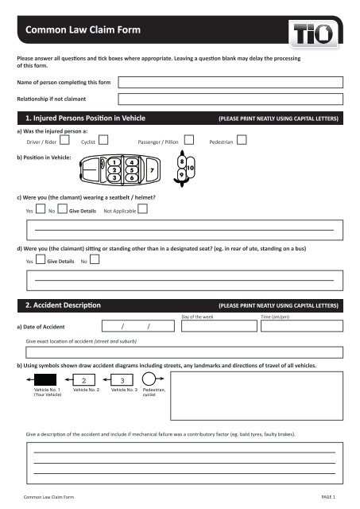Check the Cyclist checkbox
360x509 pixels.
(114, 140)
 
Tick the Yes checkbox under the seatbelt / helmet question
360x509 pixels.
(40, 211)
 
